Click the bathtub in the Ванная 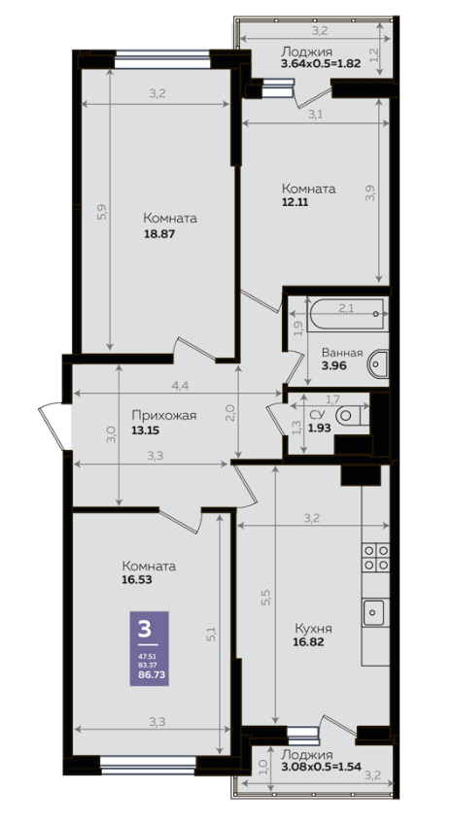point(347,315)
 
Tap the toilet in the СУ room point(353,415)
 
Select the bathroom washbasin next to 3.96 point(378,363)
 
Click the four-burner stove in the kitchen point(376,557)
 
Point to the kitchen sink point(373,612)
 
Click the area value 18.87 point(158,233)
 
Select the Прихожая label point(163,416)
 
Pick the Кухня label point(313,629)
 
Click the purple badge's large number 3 point(144,629)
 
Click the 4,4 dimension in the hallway point(180,385)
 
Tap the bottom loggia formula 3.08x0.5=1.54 point(322,767)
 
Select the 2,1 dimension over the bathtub point(346,308)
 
